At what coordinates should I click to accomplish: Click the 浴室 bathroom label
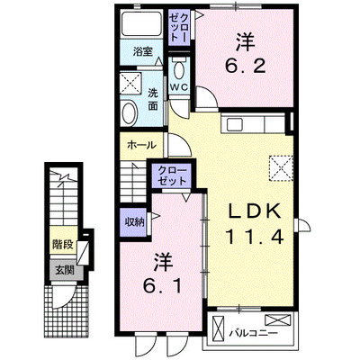click(142, 52)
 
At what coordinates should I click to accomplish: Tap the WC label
click(179, 87)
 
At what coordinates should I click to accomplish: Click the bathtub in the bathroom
click(141, 24)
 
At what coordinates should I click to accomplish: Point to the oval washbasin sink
click(129, 113)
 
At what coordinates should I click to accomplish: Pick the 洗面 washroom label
click(153, 99)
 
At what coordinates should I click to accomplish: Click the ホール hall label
click(142, 146)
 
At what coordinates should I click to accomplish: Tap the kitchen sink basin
click(235, 124)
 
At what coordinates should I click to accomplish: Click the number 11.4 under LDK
click(255, 237)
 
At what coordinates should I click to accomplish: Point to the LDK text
click(255, 211)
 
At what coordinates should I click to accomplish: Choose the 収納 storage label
click(135, 222)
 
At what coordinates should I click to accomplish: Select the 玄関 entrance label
click(65, 271)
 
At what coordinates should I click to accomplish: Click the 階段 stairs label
click(63, 245)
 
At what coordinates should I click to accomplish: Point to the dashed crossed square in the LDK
click(281, 168)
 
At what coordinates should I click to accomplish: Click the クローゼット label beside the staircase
click(172, 175)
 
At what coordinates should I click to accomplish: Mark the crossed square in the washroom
click(130, 83)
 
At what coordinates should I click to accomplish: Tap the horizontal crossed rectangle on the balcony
click(278, 319)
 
